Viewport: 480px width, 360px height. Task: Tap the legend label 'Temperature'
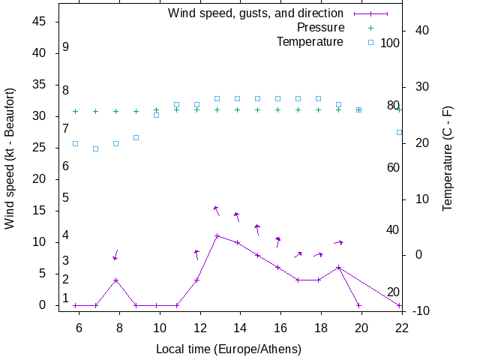pyautogui.click(x=310, y=42)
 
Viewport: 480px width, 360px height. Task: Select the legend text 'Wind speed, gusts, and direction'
pyautogui.click(x=255, y=13)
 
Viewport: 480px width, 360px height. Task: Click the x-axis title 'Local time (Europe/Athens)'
pyautogui.click(x=229, y=349)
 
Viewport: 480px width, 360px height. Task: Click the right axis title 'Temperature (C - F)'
pyautogui.click(x=448, y=157)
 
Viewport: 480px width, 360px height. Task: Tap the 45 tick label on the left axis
pyautogui.click(x=40, y=22)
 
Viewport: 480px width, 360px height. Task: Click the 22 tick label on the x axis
pyautogui.click(x=402, y=327)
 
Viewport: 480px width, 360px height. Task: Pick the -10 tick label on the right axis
pyautogui.click(x=421, y=310)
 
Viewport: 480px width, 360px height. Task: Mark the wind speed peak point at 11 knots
pyautogui.click(x=217, y=235)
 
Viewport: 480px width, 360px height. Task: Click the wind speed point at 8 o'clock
pyautogui.click(x=115, y=280)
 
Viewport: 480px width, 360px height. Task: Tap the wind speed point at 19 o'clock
pyautogui.click(x=338, y=267)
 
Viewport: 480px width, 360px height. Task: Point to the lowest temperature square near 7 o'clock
pyautogui.click(x=95, y=148)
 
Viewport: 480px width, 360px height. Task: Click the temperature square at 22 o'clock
pyautogui.click(x=399, y=132)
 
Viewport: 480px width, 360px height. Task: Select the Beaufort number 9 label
pyautogui.click(x=66, y=46)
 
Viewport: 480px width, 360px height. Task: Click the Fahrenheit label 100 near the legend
pyautogui.click(x=390, y=43)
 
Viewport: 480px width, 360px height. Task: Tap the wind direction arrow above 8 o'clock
pyautogui.click(x=115, y=255)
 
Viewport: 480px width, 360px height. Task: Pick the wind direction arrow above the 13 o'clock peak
pyautogui.click(x=217, y=210)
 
